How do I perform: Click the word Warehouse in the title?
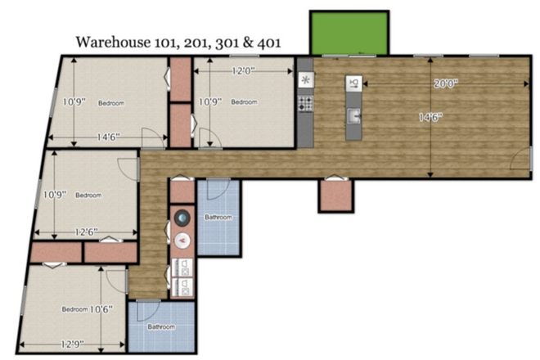point(109,43)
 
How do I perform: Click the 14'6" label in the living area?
point(430,117)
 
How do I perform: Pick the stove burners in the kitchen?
point(305,104)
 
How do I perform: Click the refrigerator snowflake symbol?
point(305,80)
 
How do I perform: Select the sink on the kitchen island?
point(353,117)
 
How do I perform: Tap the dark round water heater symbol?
point(182,218)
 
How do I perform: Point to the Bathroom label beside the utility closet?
point(218,218)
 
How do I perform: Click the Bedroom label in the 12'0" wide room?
point(244,102)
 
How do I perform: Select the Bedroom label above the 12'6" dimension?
point(88,195)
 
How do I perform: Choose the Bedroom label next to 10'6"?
point(74,309)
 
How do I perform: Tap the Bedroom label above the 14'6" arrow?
point(111,103)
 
